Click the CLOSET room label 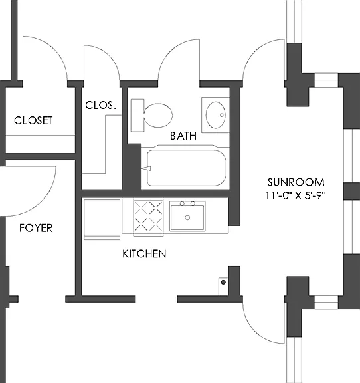click(x=33, y=120)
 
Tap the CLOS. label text click(x=100, y=105)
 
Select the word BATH click(x=183, y=136)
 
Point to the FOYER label click(x=36, y=228)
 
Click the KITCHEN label click(x=144, y=254)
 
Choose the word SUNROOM click(x=296, y=182)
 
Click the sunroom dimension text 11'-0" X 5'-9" click(x=296, y=195)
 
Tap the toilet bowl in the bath click(x=158, y=115)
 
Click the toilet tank click(x=137, y=115)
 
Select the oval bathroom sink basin click(x=215, y=115)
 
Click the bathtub click(x=187, y=168)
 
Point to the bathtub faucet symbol click(x=146, y=168)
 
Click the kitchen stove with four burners click(x=148, y=217)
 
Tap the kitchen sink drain click(x=187, y=217)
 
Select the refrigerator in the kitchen click(x=102, y=219)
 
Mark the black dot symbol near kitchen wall click(x=223, y=283)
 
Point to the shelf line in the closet click(x=41, y=136)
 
